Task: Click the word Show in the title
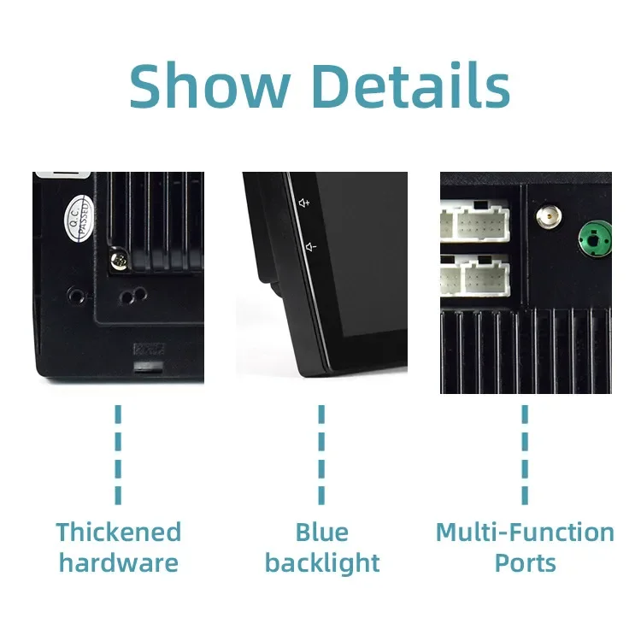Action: pyautogui.click(x=210, y=85)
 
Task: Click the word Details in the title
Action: pyautogui.click(x=414, y=85)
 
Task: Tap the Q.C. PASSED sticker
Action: pyautogui.click(x=79, y=218)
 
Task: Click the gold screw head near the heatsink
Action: pyautogui.click(x=119, y=260)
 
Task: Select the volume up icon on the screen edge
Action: pyautogui.click(x=304, y=203)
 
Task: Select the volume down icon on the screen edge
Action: pyautogui.click(x=311, y=247)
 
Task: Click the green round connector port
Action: pyautogui.click(x=595, y=238)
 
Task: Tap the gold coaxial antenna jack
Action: pyautogui.click(x=549, y=216)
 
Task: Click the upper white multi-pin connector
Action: pyautogui.click(x=475, y=221)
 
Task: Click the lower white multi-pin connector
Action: pyautogui.click(x=475, y=275)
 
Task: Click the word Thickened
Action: pyautogui.click(x=119, y=532)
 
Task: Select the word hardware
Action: pyautogui.click(x=119, y=563)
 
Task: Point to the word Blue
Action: pyautogui.click(x=321, y=532)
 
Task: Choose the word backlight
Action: pyautogui.click(x=322, y=564)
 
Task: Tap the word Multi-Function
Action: pyautogui.click(x=525, y=532)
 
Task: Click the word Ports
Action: pyautogui.click(x=525, y=563)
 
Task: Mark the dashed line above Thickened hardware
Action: pyautogui.click(x=118, y=455)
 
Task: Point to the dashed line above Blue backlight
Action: pyautogui.click(x=321, y=455)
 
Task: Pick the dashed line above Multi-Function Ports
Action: pyautogui.click(x=525, y=455)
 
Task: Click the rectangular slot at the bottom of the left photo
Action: pyautogui.click(x=149, y=367)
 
